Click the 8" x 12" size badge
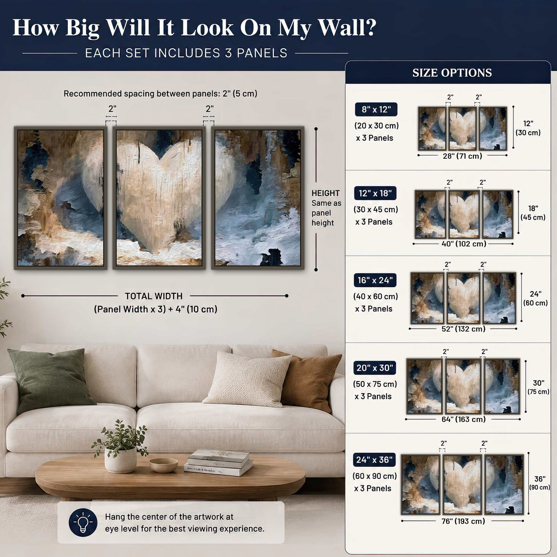pyautogui.click(x=376, y=110)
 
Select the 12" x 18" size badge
pyautogui.click(x=375, y=193)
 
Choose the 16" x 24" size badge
pyautogui.click(x=375, y=280)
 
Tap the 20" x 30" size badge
pyautogui.click(x=375, y=368)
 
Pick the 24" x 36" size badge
pyautogui.click(x=374, y=460)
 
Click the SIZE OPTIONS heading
pyautogui.click(x=452, y=73)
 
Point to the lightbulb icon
pyautogui.click(x=83, y=523)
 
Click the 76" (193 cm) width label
pyautogui.click(x=463, y=521)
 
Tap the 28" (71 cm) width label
pyautogui.click(x=462, y=156)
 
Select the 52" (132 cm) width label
pyautogui.click(x=463, y=329)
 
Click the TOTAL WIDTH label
pyautogui.click(x=154, y=296)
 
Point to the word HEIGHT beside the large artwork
pyautogui.click(x=325, y=193)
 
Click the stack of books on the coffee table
pyautogui.click(x=219, y=462)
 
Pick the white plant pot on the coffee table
pyautogui.click(x=121, y=460)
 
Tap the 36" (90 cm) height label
pyautogui.click(x=539, y=483)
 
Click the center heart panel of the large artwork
pyautogui.click(x=159, y=198)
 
